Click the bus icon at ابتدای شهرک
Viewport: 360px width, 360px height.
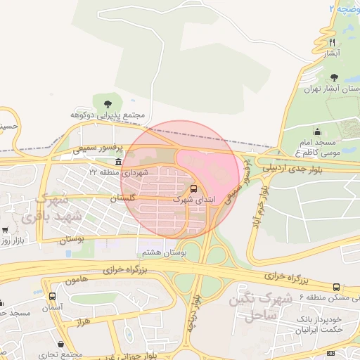point(193,188)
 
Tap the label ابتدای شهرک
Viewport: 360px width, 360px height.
point(191,200)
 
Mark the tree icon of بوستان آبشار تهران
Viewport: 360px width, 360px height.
point(333,78)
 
